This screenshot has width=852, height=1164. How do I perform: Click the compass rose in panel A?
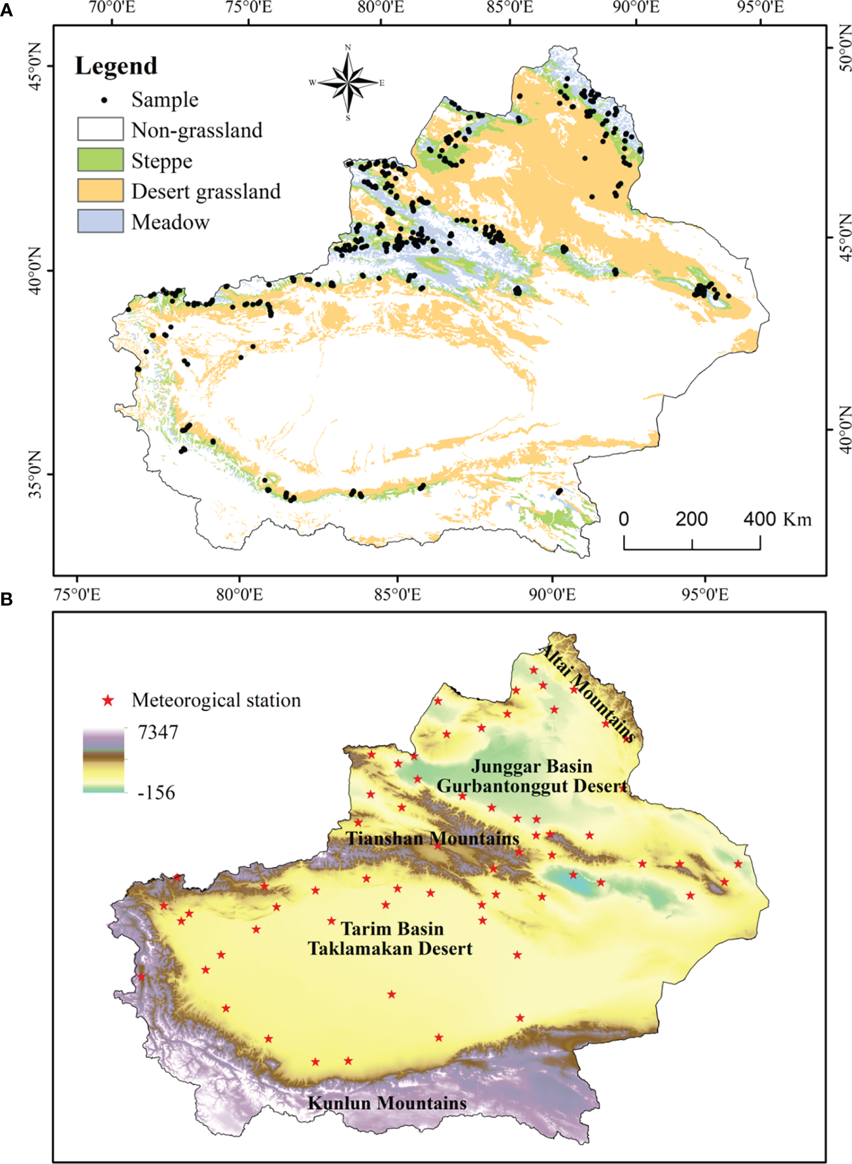click(x=347, y=82)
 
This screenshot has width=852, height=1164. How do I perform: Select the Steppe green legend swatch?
click(x=100, y=160)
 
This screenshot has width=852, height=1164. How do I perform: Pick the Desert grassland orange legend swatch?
click(x=100, y=191)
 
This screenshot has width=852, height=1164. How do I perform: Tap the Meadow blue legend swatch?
click(x=100, y=221)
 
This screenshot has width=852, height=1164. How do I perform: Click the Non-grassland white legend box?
click(x=100, y=129)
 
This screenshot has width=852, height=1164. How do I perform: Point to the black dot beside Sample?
click(x=105, y=100)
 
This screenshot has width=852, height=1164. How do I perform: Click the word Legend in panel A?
click(x=116, y=66)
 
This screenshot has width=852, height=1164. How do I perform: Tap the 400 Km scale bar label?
click(x=777, y=519)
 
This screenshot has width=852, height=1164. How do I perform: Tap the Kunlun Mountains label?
click(x=387, y=1103)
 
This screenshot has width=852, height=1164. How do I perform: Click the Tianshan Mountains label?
click(x=432, y=838)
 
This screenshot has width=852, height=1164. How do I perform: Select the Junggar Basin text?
click(x=531, y=766)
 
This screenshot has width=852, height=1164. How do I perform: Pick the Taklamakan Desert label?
click(x=390, y=949)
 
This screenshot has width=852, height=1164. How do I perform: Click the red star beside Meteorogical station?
click(x=108, y=700)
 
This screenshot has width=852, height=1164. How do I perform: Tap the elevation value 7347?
click(x=158, y=732)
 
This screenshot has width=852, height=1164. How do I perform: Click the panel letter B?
click(x=7, y=599)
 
